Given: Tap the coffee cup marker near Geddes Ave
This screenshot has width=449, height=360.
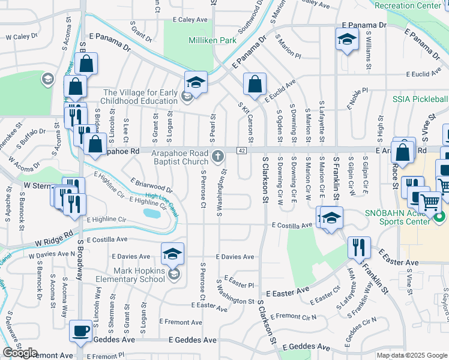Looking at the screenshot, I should tap(80, 330).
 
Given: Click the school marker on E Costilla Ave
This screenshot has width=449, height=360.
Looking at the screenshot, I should tap(330, 218).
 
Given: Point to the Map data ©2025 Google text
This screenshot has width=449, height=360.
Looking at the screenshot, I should tap(412, 355).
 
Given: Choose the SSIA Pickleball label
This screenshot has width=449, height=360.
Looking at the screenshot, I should tap(420, 99).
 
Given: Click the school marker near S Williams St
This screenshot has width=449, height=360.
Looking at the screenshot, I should tap(346, 40).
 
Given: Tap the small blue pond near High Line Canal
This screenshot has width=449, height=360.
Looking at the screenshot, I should tap(152, 213).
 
